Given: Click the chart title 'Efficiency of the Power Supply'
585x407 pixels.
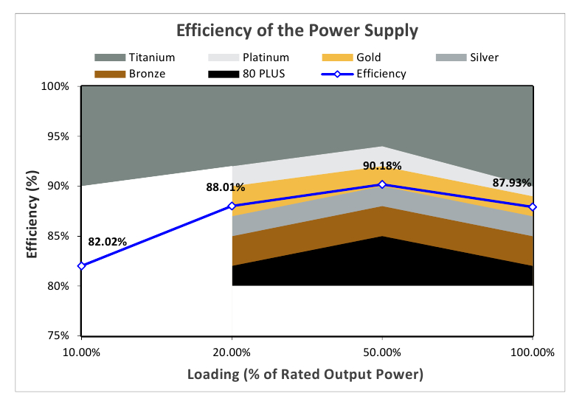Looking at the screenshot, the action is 297,30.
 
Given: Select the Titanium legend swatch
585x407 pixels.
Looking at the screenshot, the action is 110,58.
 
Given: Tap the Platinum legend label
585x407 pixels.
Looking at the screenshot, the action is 266,58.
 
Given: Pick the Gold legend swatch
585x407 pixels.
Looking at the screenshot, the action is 337,58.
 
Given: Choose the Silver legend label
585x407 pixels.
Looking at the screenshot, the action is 484,58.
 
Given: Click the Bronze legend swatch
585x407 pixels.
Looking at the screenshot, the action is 110,74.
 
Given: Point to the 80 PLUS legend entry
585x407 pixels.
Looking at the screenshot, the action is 246,74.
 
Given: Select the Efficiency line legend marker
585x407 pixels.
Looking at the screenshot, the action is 337,74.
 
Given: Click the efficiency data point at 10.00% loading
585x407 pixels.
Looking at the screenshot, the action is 81,265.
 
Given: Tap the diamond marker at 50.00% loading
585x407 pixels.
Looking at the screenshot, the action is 382,184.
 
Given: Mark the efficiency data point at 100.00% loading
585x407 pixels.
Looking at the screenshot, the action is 533,207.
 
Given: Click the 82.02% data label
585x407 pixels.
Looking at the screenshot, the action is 108,242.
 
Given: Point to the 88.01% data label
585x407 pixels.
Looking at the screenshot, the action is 225,187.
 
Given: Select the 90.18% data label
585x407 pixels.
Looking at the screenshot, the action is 382,166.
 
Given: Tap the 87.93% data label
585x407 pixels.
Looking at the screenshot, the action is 511,183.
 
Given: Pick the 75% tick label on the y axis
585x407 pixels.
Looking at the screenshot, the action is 60,335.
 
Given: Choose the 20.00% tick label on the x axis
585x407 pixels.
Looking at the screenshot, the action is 232,352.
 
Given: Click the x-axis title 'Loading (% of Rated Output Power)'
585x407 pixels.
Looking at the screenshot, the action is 305,374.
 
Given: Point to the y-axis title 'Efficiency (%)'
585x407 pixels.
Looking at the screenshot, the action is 32,214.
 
